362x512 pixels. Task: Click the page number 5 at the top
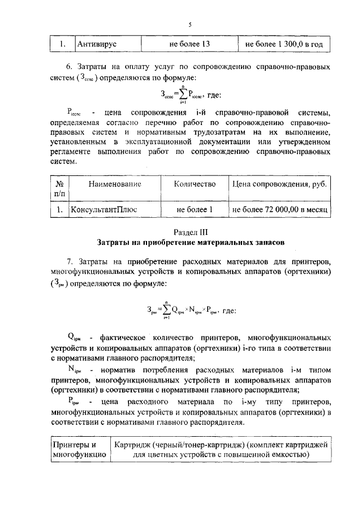click(191, 25)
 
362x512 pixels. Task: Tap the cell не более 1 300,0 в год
click(284, 44)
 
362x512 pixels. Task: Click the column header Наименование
click(114, 184)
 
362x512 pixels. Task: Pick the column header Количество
click(195, 184)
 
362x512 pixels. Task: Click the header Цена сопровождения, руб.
click(280, 184)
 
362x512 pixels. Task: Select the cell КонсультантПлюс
click(104, 209)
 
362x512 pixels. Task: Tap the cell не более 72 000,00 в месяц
click(281, 209)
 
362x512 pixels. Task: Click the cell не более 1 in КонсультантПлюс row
click(194, 209)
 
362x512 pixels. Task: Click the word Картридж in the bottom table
click(129, 445)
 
